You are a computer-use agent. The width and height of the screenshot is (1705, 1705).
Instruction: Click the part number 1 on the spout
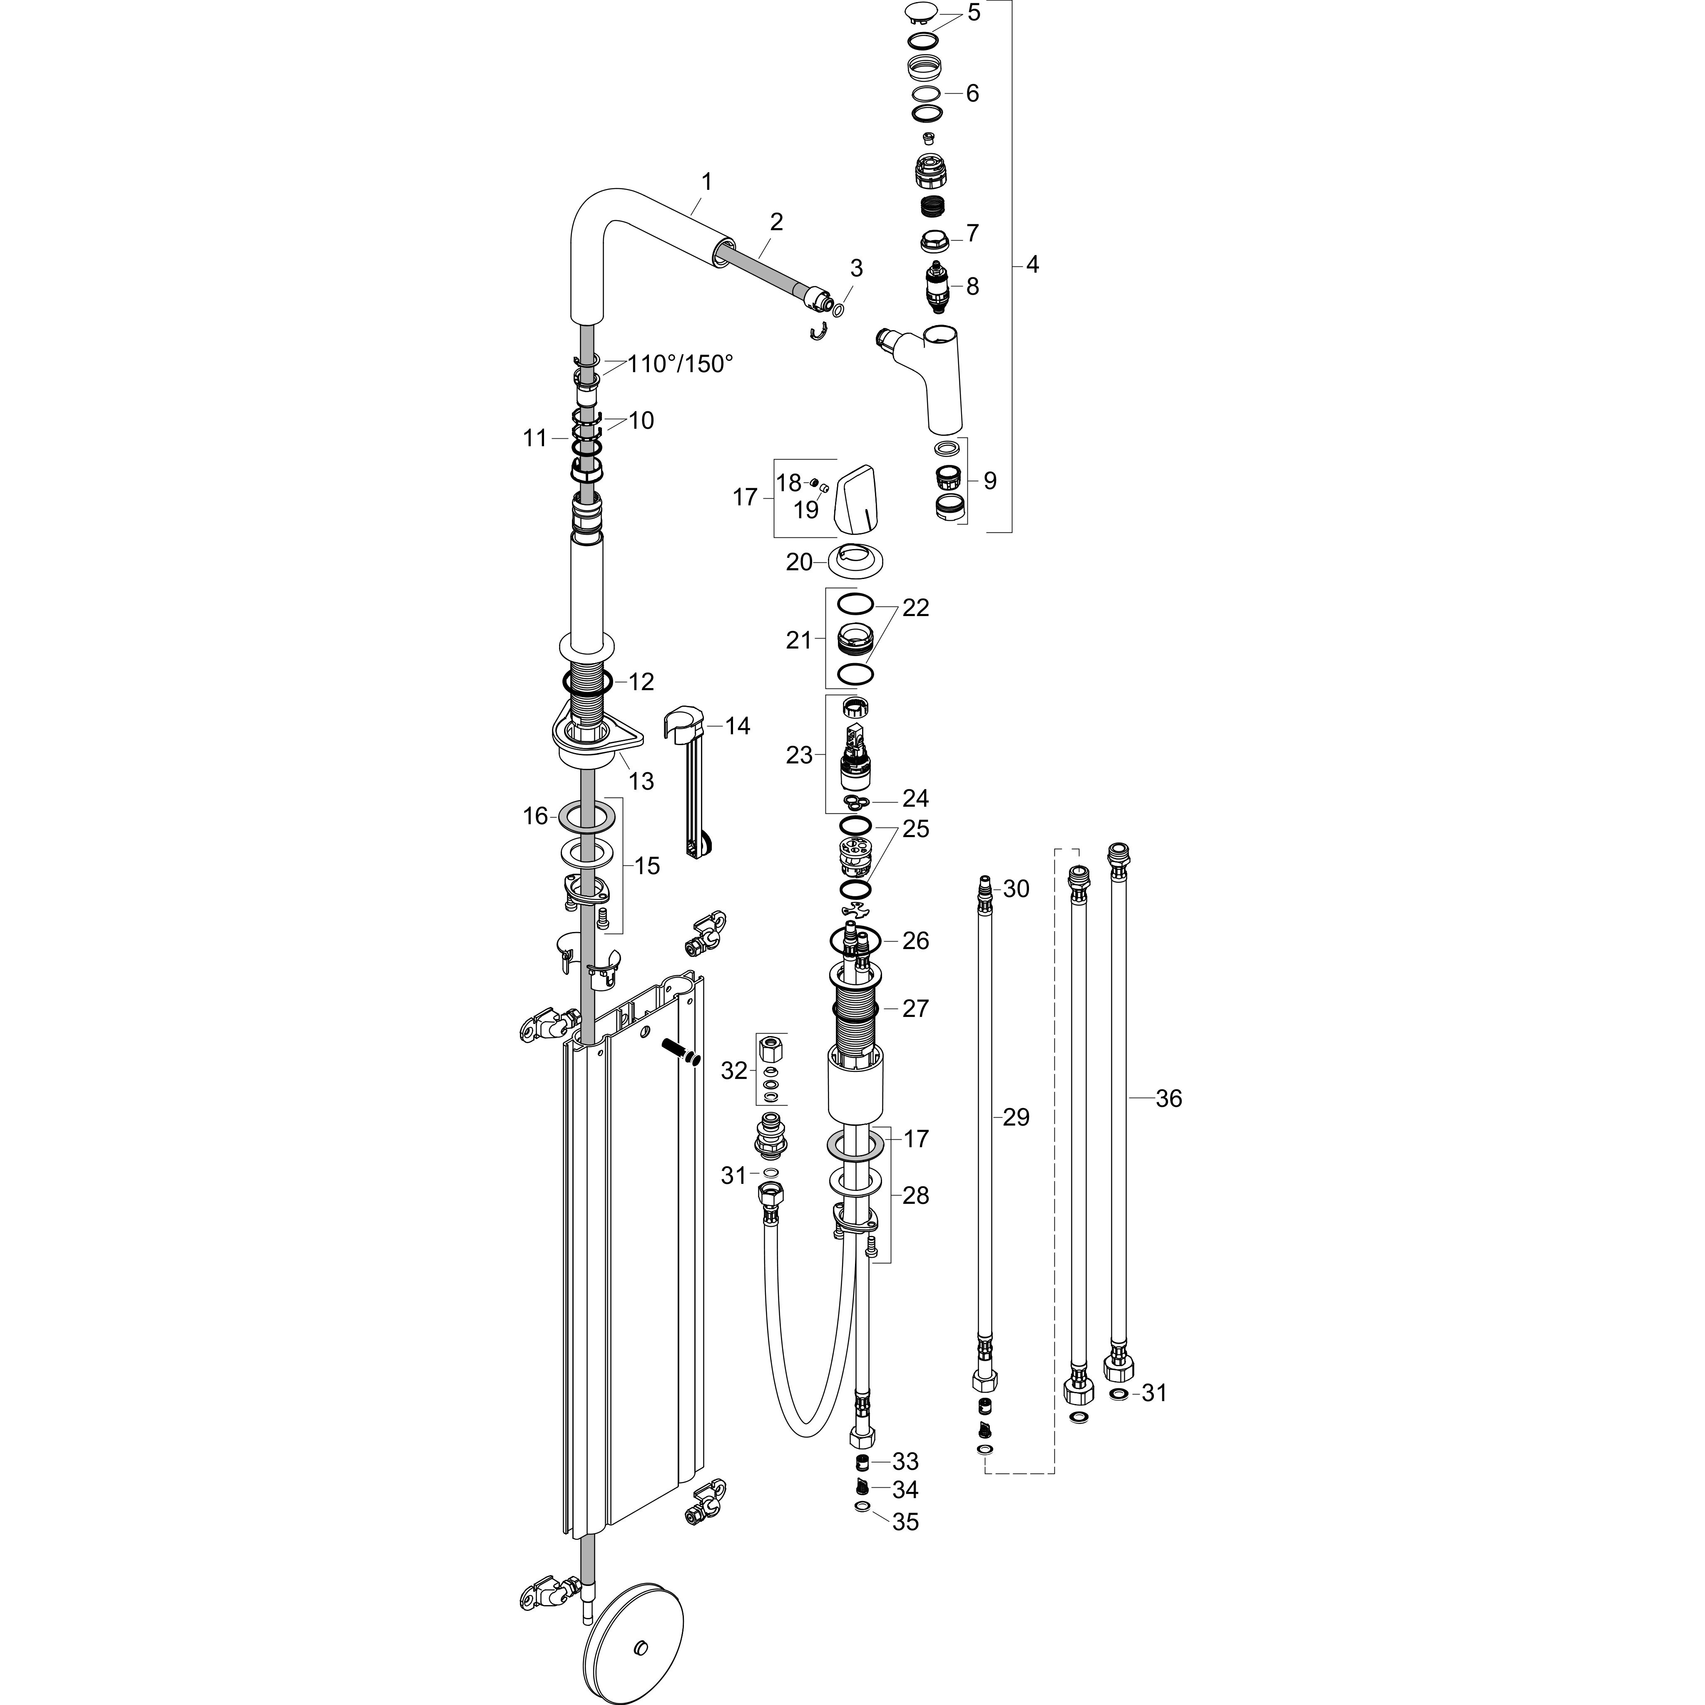[x=706, y=182]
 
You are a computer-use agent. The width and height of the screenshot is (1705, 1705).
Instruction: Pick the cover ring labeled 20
[x=856, y=561]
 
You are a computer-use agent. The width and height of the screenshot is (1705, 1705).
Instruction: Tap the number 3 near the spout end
[x=856, y=268]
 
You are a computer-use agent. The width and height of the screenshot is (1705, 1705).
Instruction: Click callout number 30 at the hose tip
[x=1016, y=889]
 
